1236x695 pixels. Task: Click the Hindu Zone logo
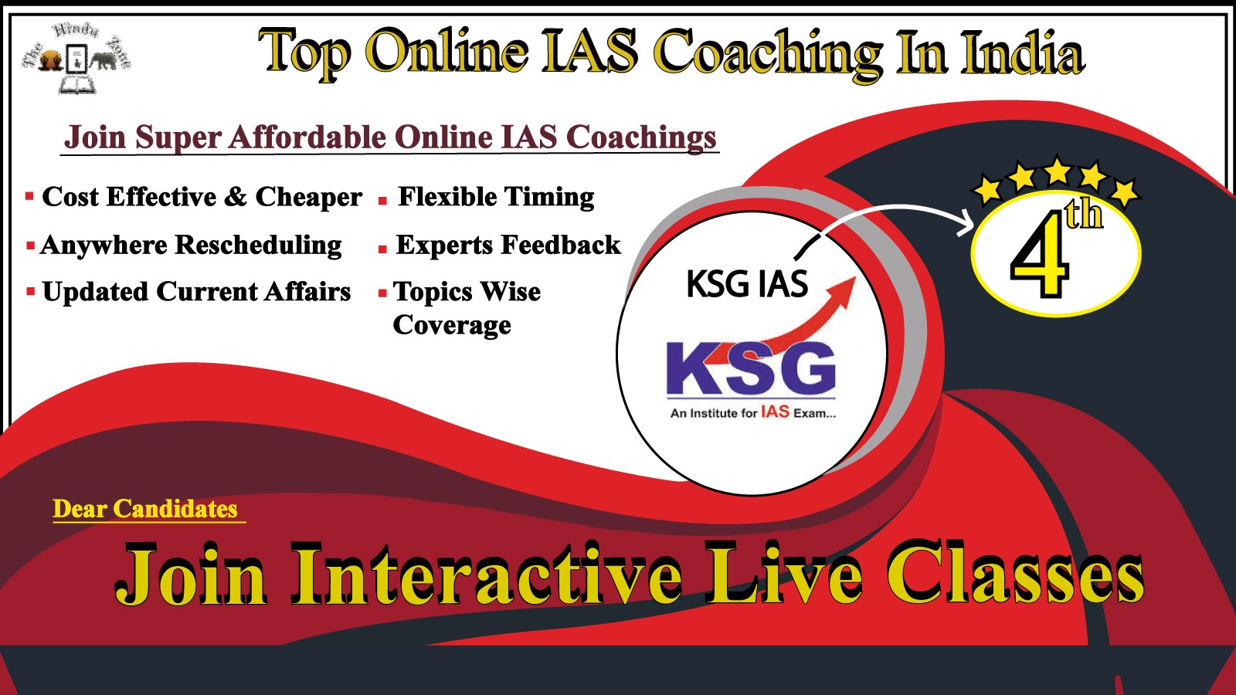[x=76, y=58]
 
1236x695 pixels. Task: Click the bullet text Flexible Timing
[x=496, y=198]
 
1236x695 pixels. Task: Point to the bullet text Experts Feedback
[x=508, y=245]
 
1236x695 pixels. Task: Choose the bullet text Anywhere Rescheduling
[x=191, y=246]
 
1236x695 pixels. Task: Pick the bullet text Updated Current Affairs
[x=196, y=292]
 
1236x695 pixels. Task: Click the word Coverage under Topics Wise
[x=452, y=325]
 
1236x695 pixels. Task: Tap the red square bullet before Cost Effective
[x=30, y=196]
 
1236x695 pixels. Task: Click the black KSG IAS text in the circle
[x=747, y=283]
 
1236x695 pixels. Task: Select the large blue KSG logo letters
[x=751, y=368]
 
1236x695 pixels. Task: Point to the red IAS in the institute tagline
[x=775, y=412]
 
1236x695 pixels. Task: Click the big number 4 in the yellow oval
[x=1040, y=255]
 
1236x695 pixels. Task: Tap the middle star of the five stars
[x=1058, y=171]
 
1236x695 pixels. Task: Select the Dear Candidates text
[x=145, y=509]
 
